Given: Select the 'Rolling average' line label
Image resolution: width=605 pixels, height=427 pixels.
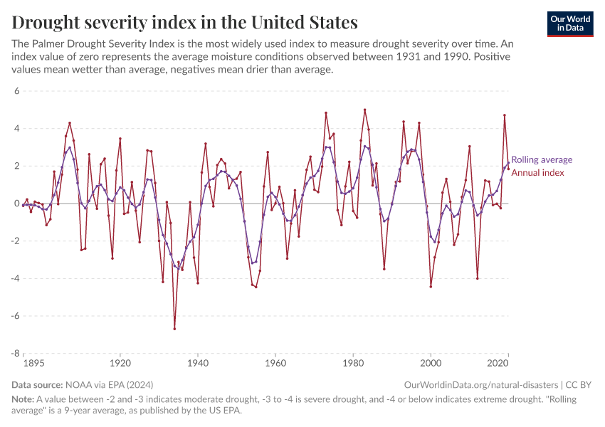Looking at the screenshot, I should (542, 160).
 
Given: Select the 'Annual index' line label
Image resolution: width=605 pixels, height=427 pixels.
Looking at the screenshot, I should (537, 173).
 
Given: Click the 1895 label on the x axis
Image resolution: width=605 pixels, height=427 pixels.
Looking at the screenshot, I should (33, 363).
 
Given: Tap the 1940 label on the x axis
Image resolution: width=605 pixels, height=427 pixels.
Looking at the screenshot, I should (198, 363).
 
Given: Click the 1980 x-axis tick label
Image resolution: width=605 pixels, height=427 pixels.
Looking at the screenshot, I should (353, 363).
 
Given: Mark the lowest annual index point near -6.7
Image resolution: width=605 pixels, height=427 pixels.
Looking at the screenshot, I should (174, 329).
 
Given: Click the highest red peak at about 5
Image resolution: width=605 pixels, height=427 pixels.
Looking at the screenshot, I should (365, 110).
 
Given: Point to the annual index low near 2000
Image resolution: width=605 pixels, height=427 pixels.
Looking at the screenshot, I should (431, 287).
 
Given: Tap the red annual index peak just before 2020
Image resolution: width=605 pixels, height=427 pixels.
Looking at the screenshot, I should (505, 115).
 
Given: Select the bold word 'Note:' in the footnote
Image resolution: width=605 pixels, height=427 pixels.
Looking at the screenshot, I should (25, 399).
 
